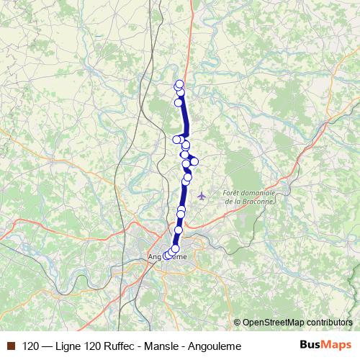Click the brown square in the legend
(11, 346)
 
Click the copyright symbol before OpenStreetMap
(237, 322)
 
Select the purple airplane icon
(202, 194)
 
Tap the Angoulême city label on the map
(167, 257)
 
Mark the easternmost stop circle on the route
(194, 161)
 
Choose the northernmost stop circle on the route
(179, 84)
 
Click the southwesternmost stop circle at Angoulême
(166, 256)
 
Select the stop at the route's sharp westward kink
(176, 139)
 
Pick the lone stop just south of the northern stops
(178, 102)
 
